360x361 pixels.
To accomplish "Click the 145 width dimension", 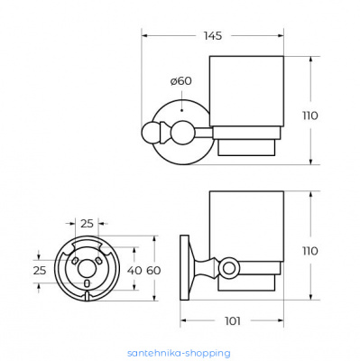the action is [213, 36].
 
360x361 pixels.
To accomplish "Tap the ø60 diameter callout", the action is [180, 81].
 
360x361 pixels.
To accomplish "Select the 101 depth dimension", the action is [233, 321].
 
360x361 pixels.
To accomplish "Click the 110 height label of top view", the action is [310, 116].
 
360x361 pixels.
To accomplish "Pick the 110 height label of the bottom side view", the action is [310, 251].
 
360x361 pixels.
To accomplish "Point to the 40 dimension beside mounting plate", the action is [134, 271].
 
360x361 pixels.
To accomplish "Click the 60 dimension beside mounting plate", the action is [153, 271].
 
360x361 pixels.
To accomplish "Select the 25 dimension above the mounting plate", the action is [87, 224].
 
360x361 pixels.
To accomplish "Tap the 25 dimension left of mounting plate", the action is [40, 271].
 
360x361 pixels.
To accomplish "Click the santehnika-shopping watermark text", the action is [179, 353].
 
